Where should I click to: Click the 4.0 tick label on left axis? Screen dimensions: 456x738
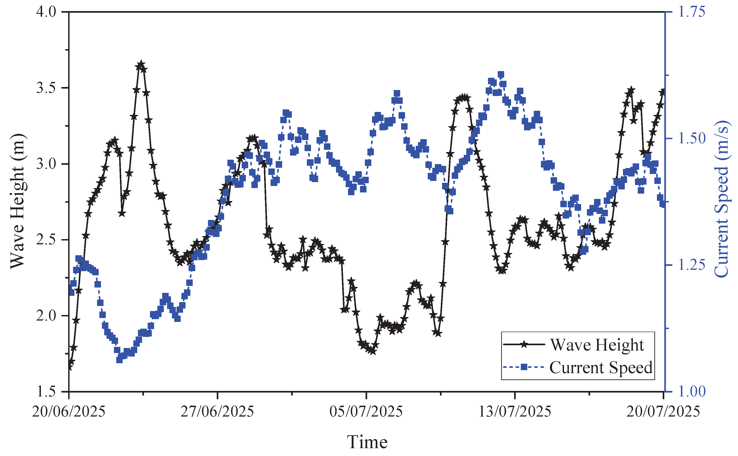pos(46,12)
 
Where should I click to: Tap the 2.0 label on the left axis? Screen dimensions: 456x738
pos(46,315)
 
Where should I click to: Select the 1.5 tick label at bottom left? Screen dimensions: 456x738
pos(46,391)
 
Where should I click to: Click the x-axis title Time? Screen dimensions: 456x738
pos(367,442)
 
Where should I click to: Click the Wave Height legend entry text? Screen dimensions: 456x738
pos(597,345)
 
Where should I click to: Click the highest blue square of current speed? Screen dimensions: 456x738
pos(501,75)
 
